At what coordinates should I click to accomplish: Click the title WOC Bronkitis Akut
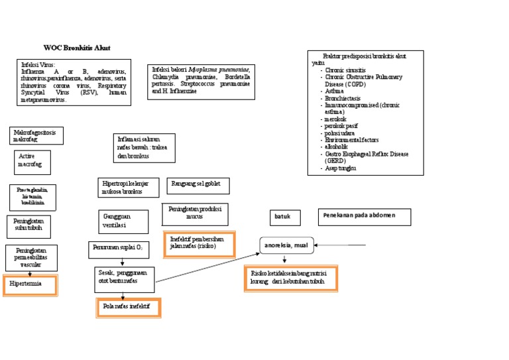[x=77, y=48]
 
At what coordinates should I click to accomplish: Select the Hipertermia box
[x=30, y=284]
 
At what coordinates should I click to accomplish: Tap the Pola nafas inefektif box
[x=128, y=308]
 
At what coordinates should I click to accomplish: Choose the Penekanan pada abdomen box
[x=365, y=217]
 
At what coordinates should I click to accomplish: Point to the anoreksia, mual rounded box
[x=286, y=245]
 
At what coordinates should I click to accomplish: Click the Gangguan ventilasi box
[x=123, y=221]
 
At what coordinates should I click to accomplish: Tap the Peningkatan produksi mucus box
[x=195, y=213]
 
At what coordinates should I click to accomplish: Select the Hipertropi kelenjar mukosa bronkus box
[x=129, y=187]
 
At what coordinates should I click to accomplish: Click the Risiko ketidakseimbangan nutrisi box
[x=290, y=278]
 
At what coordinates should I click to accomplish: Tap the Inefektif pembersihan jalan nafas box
[x=201, y=243]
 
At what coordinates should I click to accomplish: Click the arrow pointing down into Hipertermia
[x=30, y=272]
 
